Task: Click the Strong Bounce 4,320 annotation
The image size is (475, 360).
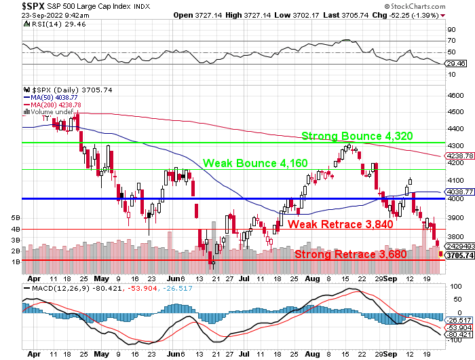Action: [x=357, y=136]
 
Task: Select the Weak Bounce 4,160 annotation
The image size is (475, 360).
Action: [x=255, y=163]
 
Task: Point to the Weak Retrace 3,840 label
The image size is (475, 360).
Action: [x=340, y=224]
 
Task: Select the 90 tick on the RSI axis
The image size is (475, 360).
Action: [x=451, y=30]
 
